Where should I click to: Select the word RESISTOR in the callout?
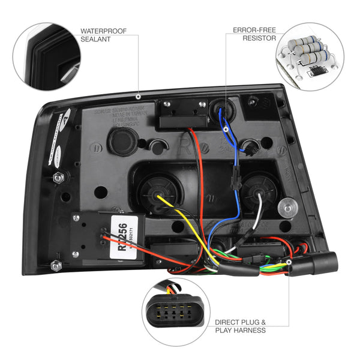[x=259, y=38]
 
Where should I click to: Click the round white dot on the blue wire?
[x=226, y=128]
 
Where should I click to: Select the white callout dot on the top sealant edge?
[x=138, y=96]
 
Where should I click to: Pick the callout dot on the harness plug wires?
[x=289, y=262]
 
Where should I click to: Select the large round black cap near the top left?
[x=122, y=142]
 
